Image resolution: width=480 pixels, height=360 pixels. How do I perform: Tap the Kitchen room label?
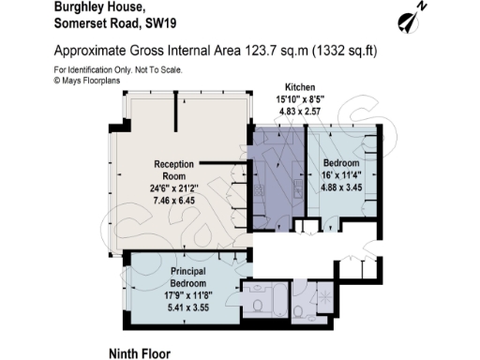[286, 85]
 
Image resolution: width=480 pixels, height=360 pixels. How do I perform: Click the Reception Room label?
[174, 169]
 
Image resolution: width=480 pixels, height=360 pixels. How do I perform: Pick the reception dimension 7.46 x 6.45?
[174, 201]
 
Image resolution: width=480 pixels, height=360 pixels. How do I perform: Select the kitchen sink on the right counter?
[296, 187]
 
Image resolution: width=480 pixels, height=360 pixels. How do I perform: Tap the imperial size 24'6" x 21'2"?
[174, 186]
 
